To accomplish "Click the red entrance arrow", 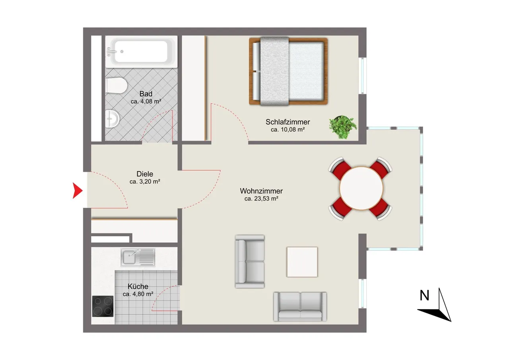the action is [x=77, y=191].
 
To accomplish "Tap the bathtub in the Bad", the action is [x=141, y=52].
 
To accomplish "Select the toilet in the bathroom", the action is [x=116, y=86].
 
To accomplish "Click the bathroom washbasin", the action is [x=112, y=119].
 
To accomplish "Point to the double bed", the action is [x=288, y=71].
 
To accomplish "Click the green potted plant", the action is [x=342, y=127].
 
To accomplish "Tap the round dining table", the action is [x=361, y=189].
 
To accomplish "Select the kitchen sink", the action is [x=138, y=257].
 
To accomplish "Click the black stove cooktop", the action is [x=103, y=306].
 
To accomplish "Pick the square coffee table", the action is [x=302, y=262].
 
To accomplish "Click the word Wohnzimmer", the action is [x=261, y=191].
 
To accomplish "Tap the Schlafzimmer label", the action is [x=288, y=122].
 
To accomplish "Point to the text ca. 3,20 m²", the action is [x=145, y=181].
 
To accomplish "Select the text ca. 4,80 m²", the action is [x=138, y=294].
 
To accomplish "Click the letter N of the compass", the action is [x=424, y=296].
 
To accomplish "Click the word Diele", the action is [x=145, y=174].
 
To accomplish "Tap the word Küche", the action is [x=138, y=286].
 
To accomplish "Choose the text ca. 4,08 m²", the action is [x=146, y=101].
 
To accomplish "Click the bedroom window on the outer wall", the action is [x=362, y=76].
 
